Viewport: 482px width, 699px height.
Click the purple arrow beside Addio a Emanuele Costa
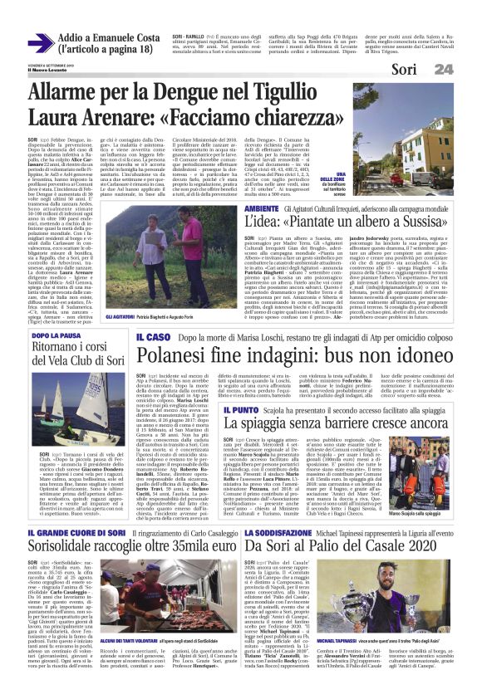[41, 43]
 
